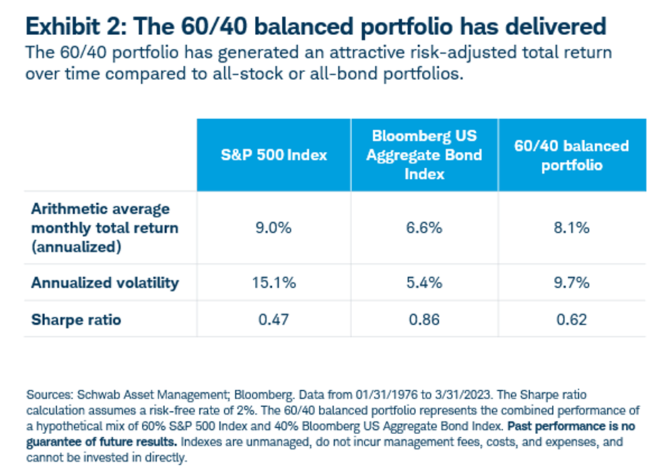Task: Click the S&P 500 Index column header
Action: tap(274, 154)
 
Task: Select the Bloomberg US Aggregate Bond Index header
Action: tap(424, 154)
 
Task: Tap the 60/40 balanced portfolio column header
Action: tap(571, 154)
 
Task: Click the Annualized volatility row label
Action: tap(105, 282)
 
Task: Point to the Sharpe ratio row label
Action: tap(76, 319)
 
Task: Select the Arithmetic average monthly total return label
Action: tap(104, 228)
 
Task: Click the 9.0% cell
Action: tap(274, 228)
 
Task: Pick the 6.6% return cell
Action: tap(424, 228)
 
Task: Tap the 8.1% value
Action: tap(571, 228)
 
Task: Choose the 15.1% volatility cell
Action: tap(274, 282)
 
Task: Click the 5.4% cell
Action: tap(424, 282)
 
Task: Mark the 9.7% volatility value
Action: tap(571, 282)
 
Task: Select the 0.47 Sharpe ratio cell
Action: tap(274, 319)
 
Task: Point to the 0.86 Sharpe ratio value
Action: tap(424, 319)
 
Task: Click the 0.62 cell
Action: tap(571, 319)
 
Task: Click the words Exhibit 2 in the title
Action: tap(71, 26)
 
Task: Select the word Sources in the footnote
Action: tap(46, 393)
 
